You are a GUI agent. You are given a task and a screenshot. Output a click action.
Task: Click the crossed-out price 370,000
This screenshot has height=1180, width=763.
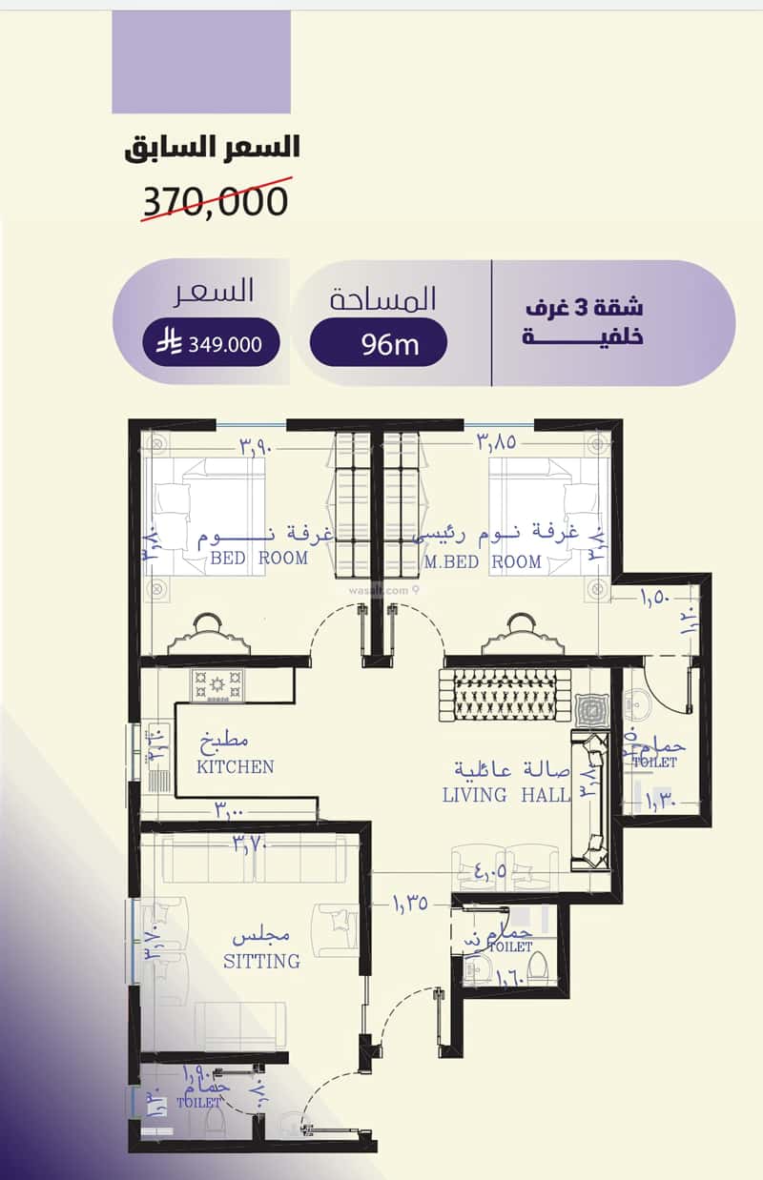[216, 201]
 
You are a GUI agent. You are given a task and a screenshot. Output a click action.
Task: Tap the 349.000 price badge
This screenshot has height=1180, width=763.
[212, 343]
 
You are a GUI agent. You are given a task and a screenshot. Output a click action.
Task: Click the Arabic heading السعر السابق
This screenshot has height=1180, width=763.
[213, 148]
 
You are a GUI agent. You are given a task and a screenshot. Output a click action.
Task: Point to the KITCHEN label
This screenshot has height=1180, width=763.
[235, 766]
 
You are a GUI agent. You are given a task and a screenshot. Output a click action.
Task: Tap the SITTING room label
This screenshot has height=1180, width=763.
[261, 961]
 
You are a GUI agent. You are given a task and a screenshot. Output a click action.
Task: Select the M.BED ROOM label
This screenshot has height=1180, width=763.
[483, 562]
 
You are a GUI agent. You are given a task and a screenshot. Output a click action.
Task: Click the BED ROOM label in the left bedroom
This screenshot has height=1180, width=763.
[258, 558]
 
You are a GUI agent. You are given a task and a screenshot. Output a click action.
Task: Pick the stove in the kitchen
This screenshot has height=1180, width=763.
[217, 684]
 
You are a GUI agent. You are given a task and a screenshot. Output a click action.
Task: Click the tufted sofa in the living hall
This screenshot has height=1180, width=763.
[505, 694]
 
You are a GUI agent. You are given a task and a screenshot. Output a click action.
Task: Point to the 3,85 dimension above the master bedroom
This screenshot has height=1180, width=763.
[494, 442]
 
